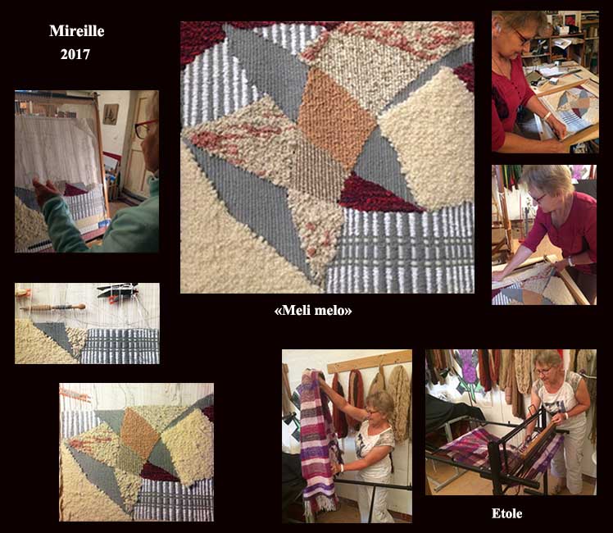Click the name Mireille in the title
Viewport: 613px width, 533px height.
point(77,31)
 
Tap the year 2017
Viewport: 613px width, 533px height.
point(75,54)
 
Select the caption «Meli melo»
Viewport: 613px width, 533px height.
point(313,310)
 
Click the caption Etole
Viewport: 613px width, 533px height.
point(506,513)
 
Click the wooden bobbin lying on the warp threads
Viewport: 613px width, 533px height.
point(52,307)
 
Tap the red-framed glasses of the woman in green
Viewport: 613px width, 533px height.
point(144,128)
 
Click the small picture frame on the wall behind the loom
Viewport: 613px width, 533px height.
point(111,114)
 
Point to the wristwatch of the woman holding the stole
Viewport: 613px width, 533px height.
point(341,467)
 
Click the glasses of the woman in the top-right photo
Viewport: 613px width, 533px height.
point(522,38)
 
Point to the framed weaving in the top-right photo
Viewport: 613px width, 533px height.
point(571,110)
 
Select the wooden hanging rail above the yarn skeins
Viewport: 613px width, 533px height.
point(370,362)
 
